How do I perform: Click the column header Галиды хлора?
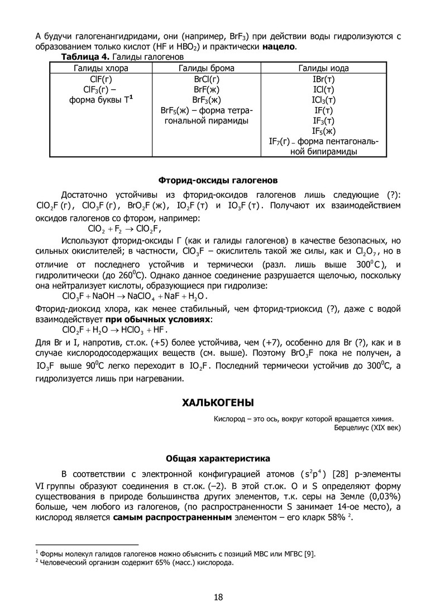click(101, 69)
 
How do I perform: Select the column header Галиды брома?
click(206, 69)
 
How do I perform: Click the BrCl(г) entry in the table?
click(206, 79)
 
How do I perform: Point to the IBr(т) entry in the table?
click(324, 79)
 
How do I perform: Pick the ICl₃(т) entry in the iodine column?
click(324, 100)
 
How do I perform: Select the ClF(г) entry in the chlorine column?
click(101, 79)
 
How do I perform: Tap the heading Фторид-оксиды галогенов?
click(218, 181)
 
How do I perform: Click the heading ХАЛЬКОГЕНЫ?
click(218, 401)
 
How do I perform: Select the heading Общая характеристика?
click(218, 458)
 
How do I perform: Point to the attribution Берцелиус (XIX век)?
click(367, 427)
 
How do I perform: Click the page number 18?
click(218, 582)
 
